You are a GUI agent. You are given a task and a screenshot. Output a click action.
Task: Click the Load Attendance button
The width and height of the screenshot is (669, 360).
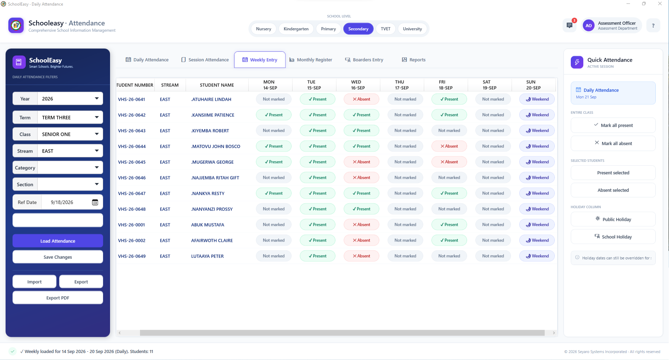pyautogui.click(x=58, y=241)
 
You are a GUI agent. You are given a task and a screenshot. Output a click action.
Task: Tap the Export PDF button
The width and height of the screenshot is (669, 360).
pyautogui.click(x=58, y=298)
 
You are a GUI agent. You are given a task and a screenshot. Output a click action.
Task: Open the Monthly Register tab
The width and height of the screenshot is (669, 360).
pyautogui.click(x=311, y=60)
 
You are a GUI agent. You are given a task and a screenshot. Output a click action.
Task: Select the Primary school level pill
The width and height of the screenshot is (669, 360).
pyautogui.click(x=328, y=29)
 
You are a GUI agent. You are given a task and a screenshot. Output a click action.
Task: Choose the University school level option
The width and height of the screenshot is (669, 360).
pyautogui.click(x=412, y=29)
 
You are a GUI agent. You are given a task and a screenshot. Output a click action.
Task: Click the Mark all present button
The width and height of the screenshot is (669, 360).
pyautogui.click(x=613, y=125)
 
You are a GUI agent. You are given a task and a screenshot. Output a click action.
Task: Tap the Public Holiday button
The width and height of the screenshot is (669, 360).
pyautogui.click(x=613, y=219)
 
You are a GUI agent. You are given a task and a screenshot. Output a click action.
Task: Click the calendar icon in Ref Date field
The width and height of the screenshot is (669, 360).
pyautogui.click(x=95, y=202)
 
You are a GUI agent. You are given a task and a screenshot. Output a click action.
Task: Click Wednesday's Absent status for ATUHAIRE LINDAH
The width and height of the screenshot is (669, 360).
pyautogui.click(x=361, y=99)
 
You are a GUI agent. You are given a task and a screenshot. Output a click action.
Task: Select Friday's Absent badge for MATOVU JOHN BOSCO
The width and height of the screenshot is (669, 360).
pyautogui.click(x=449, y=146)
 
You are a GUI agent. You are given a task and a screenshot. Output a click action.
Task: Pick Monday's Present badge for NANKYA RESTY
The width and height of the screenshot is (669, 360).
pyautogui.click(x=274, y=193)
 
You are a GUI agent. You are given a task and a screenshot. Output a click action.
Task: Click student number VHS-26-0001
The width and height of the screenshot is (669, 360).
pyautogui.click(x=132, y=225)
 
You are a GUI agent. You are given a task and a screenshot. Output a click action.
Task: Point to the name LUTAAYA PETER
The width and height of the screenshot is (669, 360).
pyautogui.click(x=208, y=256)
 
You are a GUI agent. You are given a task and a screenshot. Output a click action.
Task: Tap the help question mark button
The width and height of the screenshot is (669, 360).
pyautogui.click(x=653, y=25)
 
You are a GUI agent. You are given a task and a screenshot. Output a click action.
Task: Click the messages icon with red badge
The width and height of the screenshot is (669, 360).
pyautogui.click(x=569, y=25)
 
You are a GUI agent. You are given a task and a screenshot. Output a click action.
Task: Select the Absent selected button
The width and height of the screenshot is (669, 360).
pyautogui.click(x=613, y=190)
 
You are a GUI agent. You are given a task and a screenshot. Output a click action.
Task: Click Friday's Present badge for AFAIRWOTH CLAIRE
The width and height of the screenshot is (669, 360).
pyautogui.click(x=449, y=240)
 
